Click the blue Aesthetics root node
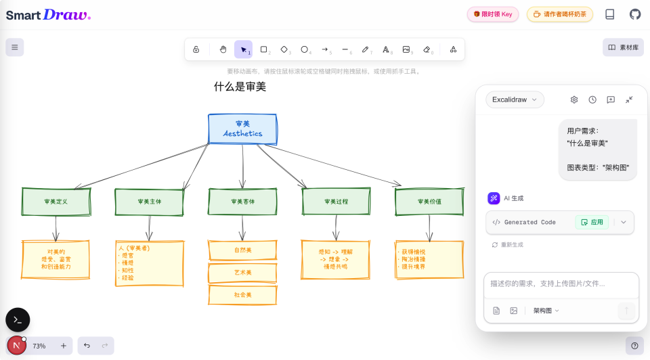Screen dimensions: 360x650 242,129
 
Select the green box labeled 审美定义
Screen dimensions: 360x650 56,202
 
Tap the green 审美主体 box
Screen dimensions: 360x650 149,202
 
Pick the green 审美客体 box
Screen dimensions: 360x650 242,202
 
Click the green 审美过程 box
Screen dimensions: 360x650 336,202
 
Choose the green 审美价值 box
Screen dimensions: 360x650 429,202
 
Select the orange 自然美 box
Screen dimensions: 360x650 242,250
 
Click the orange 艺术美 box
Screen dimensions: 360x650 242,273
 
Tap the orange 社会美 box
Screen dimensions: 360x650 242,295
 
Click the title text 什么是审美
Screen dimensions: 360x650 240,87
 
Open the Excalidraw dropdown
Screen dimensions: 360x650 515,99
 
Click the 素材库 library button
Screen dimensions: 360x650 623,47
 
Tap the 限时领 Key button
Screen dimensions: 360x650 493,14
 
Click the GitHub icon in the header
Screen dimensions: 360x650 635,14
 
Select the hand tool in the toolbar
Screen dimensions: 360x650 223,49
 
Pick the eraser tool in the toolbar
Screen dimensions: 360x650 427,49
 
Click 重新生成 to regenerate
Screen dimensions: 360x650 507,245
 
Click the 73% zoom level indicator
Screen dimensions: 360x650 40,346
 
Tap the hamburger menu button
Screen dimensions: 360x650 15,47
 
